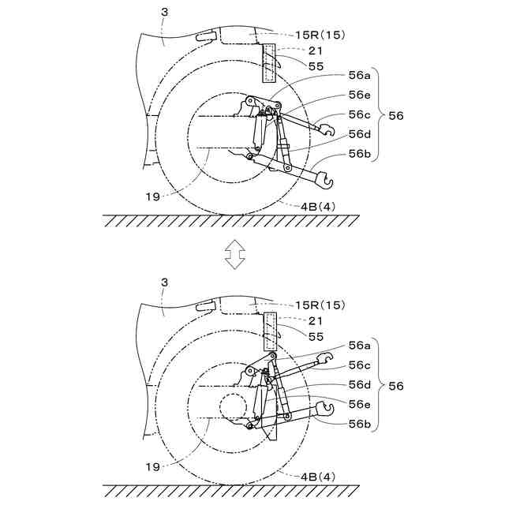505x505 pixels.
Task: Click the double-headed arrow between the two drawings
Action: tap(235, 254)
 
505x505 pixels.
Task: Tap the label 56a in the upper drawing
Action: tap(360, 76)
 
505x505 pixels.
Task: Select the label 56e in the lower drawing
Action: tap(360, 404)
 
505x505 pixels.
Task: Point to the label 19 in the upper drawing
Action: tap(152, 196)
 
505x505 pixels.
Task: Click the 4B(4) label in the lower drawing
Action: tap(318, 477)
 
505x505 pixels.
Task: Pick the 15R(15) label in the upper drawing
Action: tap(320, 35)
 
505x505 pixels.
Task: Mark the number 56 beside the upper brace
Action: tap(396, 116)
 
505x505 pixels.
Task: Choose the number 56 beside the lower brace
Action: tap(396, 386)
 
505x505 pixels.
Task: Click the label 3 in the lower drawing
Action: tap(165, 282)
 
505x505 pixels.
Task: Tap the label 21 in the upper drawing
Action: tap(316, 50)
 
